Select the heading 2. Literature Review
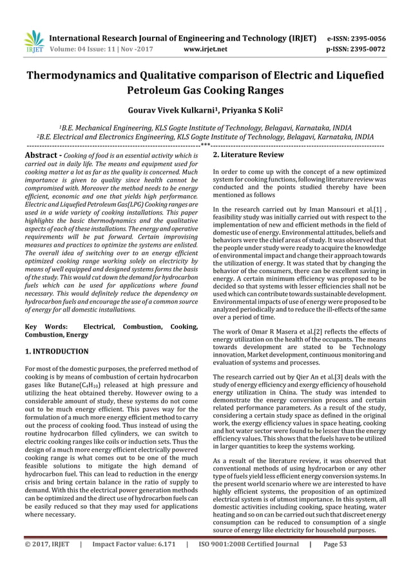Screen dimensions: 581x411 [x=248, y=155]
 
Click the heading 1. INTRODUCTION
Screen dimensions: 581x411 [x=56, y=352]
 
